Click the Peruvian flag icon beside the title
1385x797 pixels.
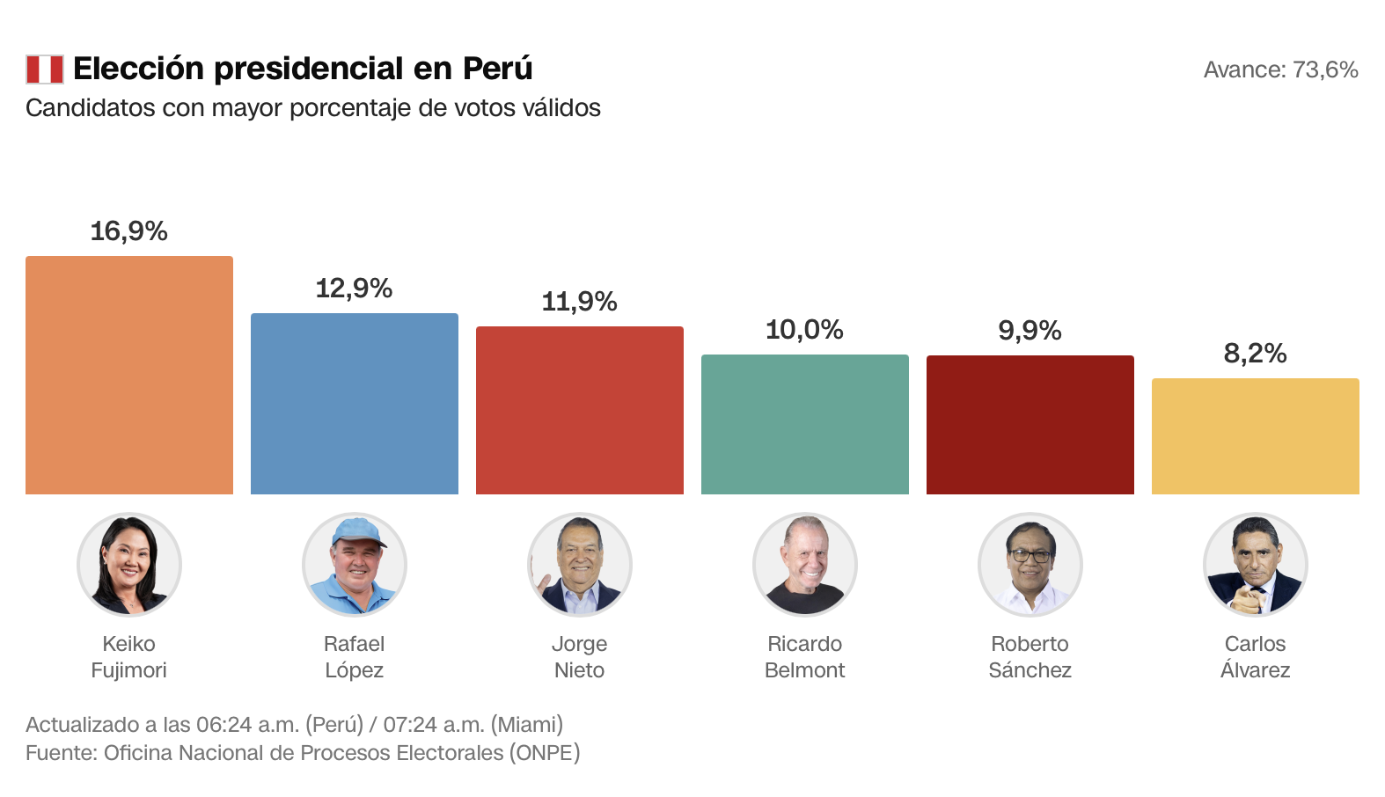[45, 69]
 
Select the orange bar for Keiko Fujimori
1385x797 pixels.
[129, 376]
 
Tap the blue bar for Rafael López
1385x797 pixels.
[355, 404]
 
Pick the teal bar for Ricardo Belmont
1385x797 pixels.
[805, 425]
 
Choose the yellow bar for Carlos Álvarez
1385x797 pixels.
[1256, 436]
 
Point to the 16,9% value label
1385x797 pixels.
[129, 231]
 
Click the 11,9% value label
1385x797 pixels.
[580, 302]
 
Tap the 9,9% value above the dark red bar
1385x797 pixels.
[1030, 331]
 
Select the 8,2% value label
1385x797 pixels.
[1256, 354]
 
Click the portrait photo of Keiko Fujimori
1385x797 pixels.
[129, 565]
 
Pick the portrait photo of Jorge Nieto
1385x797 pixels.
[580, 565]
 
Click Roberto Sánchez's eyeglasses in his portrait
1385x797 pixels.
[1030, 556]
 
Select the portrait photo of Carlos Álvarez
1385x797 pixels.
[1256, 565]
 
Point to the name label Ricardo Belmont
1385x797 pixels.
[805, 657]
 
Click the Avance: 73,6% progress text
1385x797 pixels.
[1280, 69]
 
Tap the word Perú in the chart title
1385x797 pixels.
[498, 69]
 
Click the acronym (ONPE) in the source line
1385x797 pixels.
[545, 753]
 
